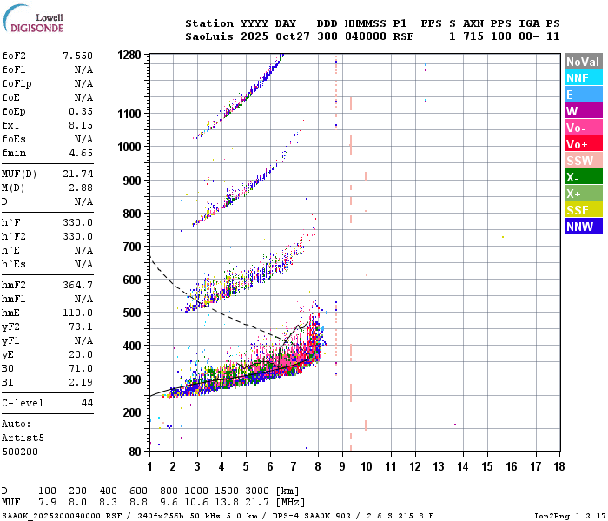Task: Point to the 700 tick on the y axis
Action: tap(131, 247)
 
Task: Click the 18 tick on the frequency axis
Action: tap(558, 466)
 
